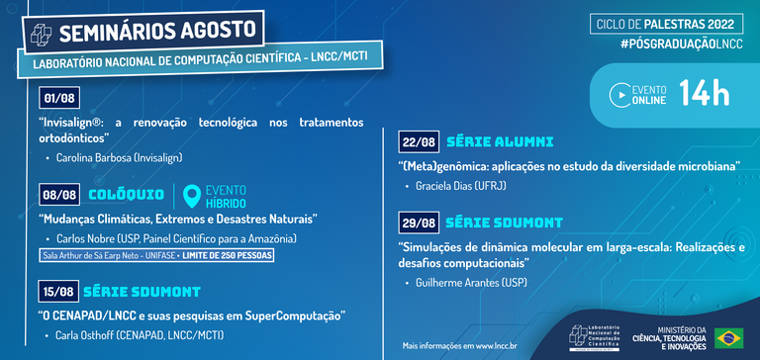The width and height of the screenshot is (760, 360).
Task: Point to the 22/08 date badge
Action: [x=420, y=142]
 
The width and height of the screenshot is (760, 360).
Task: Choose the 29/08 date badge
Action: [x=420, y=221]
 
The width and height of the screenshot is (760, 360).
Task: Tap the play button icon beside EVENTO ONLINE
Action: [x=620, y=95]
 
